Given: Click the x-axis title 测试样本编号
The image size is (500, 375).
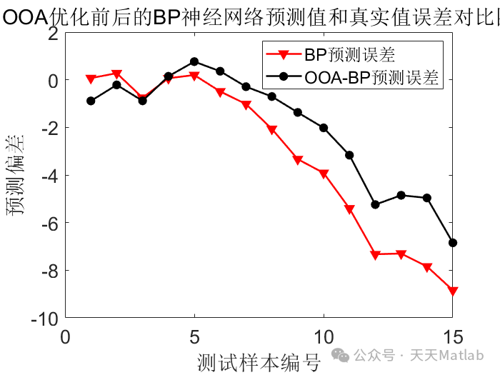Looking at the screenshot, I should (x=259, y=361).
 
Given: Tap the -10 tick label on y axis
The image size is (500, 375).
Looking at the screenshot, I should (x=45, y=318).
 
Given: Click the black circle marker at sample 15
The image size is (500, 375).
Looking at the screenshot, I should (x=452, y=243).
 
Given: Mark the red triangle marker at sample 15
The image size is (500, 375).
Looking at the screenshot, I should (x=452, y=291).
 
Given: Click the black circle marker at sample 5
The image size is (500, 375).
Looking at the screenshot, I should (x=194, y=61).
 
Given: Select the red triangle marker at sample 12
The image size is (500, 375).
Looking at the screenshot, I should (x=375, y=254).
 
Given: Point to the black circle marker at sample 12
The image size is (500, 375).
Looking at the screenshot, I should (x=375, y=204).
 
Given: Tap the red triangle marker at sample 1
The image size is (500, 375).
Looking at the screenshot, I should (x=91, y=79).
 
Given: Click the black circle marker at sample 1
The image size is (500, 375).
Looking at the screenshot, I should (x=91, y=101).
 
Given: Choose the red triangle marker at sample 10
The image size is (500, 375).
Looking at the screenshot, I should (x=324, y=174).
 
